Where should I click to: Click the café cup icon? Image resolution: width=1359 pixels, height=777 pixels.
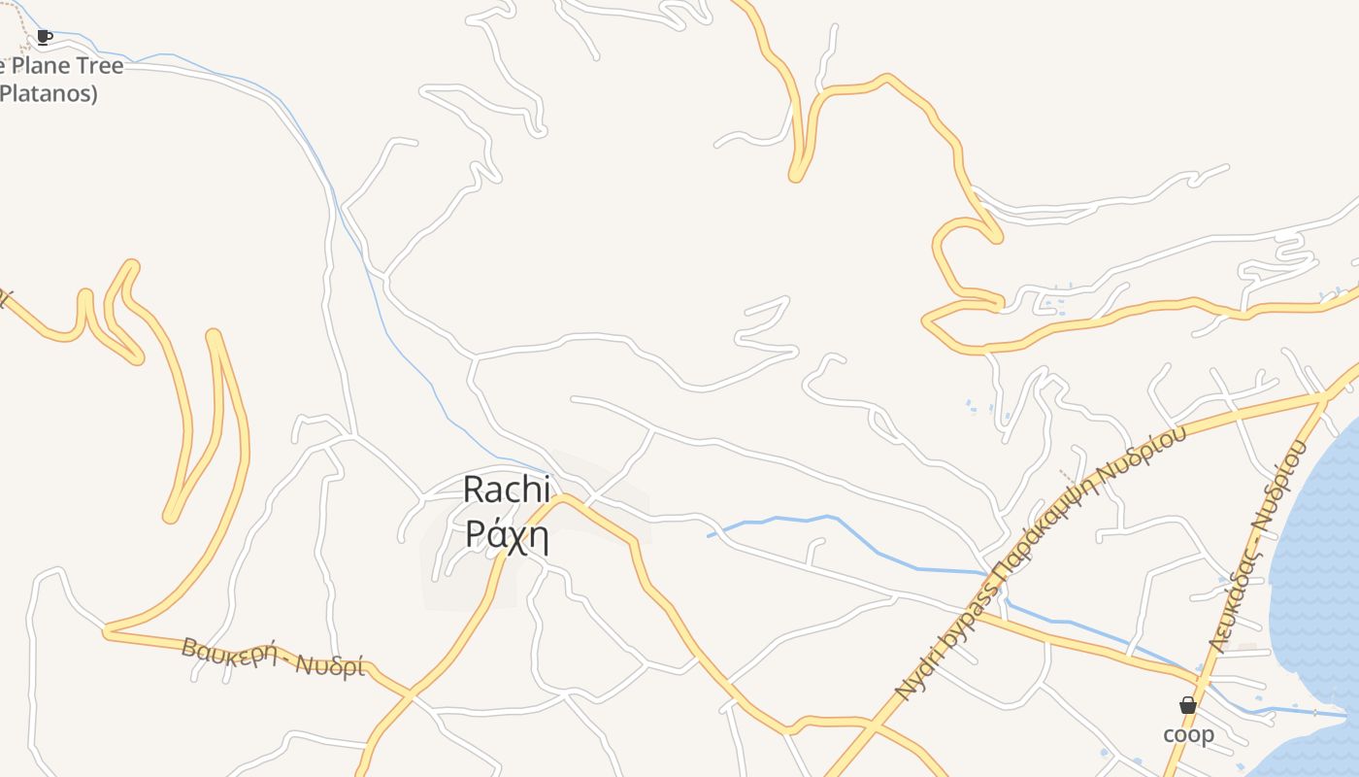pyautogui.click(x=44, y=37)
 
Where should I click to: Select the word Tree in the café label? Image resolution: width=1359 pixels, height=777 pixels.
pyautogui.click(x=101, y=66)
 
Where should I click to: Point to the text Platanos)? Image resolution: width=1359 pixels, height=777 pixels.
pyautogui.click(x=49, y=94)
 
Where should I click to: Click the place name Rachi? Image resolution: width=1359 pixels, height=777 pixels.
pyautogui.click(x=506, y=490)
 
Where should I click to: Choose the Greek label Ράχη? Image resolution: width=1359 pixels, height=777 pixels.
pyautogui.click(x=507, y=534)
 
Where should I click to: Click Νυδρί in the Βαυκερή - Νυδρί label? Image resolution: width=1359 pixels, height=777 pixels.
pyautogui.click(x=330, y=666)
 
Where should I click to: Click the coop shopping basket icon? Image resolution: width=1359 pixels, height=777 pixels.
pyautogui.click(x=1187, y=705)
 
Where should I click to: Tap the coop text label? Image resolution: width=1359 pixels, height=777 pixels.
pyautogui.click(x=1188, y=734)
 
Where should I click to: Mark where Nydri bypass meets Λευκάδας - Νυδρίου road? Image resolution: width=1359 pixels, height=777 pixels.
pyautogui.click(x=1325, y=395)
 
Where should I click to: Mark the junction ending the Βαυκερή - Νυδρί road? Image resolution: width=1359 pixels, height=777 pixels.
pyautogui.click(x=412, y=695)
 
